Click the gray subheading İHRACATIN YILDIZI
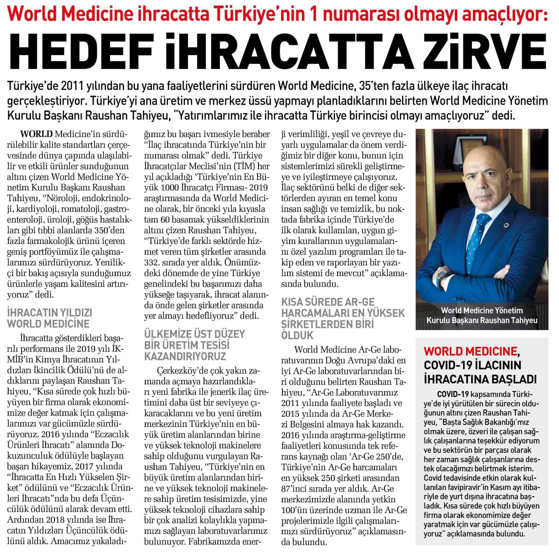click(49, 313)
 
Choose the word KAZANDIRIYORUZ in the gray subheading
click(185, 356)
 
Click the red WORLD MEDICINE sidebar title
click(470, 351)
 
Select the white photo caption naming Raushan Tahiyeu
click(482, 315)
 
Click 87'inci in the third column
click(295, 488)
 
